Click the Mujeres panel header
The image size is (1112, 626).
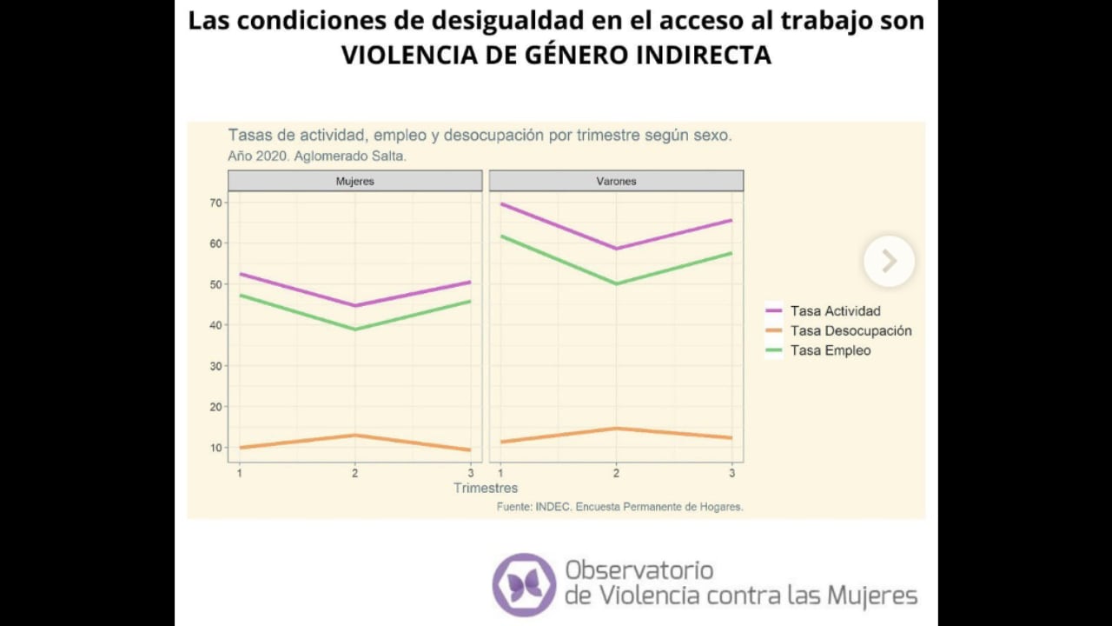(354, 181)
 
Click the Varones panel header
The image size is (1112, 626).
(616, 181)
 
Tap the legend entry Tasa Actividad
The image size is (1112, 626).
(834, 311)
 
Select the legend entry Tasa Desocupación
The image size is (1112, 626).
(850, 331)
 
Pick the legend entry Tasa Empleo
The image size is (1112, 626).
(830, 350)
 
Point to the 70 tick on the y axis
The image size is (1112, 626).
(215, 203)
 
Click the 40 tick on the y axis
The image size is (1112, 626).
(215, 325)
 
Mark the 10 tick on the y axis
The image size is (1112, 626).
(215, 448)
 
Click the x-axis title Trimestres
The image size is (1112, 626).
(485, 488)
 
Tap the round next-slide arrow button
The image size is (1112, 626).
(889, 261)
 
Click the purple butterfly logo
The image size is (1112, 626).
(524, 584)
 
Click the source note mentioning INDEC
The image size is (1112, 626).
(619, 506)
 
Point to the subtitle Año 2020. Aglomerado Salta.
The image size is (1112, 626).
(317, 156)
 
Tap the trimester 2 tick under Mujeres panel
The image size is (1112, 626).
(354, 473)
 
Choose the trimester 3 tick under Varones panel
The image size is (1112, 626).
(731, 473)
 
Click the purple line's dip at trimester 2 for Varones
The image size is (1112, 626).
(616, 249)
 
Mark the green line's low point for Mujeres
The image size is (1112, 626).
(354, 330)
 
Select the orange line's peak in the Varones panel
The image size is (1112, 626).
(616, 428)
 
